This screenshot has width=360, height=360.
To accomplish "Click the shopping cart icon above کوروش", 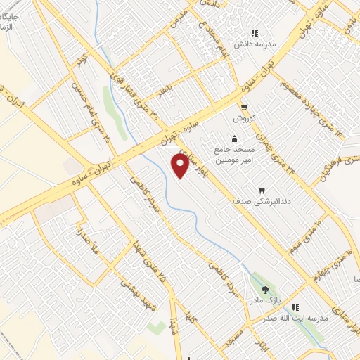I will pyautogui.click(x=244, y=108).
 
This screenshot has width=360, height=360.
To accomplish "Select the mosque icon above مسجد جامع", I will pyautogui.click(x=233, y=138).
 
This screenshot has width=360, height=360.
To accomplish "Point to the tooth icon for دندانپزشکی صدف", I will pyautogui.click(x=262, y=191).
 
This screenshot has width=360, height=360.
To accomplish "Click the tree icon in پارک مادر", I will pyautogui.click(x=265, y=289).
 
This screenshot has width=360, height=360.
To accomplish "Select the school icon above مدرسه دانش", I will pyautogui.click(x=255, y=32).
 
